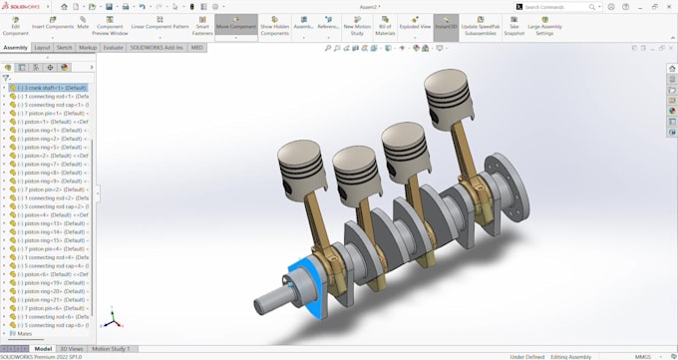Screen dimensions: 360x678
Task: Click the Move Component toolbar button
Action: tap(235, 26)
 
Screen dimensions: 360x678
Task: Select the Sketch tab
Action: tap(64, 47)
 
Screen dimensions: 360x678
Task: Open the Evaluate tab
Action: tap(114, 47)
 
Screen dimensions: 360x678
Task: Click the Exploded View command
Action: tap(415, 26)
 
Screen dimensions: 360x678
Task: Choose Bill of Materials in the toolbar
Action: tap(385, 26)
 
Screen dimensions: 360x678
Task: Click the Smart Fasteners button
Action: tap(202, 26)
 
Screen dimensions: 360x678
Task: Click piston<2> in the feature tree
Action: tap(50, 156)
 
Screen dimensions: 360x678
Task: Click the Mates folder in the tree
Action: tap(24, 334)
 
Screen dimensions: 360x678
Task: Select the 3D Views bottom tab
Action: tap(71, 349)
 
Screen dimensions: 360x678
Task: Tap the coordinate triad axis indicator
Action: tap(114, 320)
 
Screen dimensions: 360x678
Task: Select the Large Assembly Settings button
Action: tap(544, 26)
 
